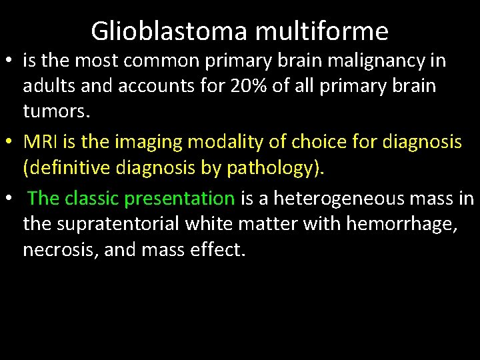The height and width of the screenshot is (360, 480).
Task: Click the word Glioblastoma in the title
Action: pyautogui.click(x=168, y=31)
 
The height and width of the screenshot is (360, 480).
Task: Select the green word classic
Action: pyautogui.click(x=93, y=198)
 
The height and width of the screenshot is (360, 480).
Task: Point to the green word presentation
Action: pyautogui.click(x=179, y=198)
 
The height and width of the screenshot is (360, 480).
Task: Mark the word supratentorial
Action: pyautogui.click(x=101, y=223)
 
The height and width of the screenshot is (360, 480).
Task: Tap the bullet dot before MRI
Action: pyautogui.click(x=9, y=142)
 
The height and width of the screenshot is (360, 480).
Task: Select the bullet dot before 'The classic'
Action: pyautogui.click(x=9, y=199)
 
